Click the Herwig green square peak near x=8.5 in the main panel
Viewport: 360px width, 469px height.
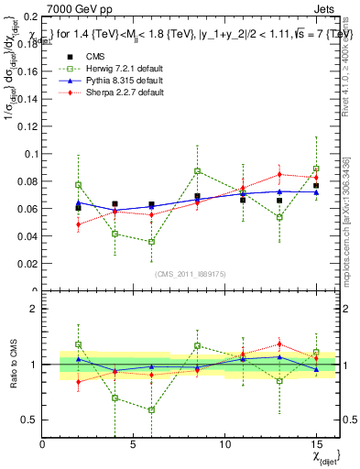pyautogui.click(x=197, y=171)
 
